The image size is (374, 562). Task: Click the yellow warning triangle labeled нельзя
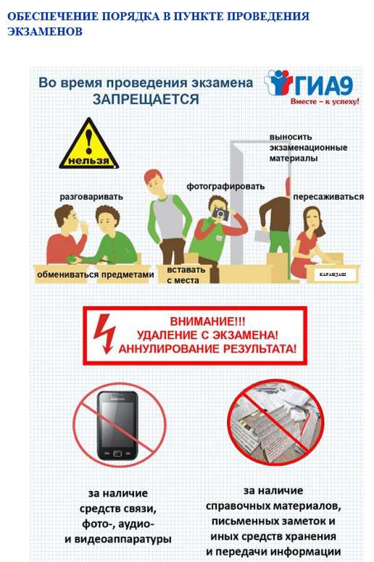click(88, 145)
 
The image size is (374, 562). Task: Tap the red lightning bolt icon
click(104, 334)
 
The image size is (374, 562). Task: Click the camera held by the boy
click(220, 214)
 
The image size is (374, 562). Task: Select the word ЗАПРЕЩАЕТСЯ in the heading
click(146, 99)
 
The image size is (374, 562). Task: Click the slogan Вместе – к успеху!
click(325, 101)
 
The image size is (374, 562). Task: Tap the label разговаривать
click(91, 197)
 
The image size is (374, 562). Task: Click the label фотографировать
click(225, 186)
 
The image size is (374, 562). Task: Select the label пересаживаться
click(328, 197)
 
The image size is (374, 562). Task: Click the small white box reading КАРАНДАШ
click(333, 274)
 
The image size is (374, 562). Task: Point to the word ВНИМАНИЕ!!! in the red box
click(207, 321)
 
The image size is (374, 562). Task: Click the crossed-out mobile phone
click(117, 426)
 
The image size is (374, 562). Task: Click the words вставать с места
click(186, 275)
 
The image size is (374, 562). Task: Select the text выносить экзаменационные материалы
click(308, 148)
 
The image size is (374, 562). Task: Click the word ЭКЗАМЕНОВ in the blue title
click(45, 32)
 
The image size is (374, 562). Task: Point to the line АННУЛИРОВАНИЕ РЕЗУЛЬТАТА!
click(207, 348)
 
